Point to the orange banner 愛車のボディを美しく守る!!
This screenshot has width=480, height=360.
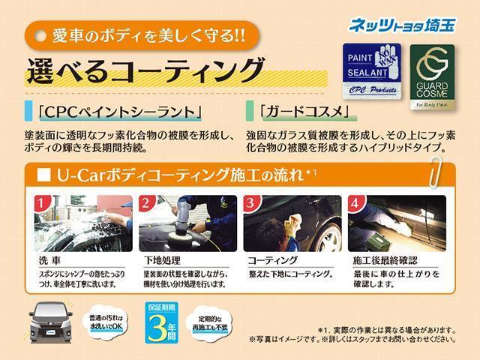click(139, 34)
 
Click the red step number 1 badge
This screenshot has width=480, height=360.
click(43, 203)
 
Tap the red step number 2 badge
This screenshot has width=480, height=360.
click(147, 203)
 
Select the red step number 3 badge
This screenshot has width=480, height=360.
click(252, 203)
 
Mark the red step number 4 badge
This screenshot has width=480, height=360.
click(356, 203)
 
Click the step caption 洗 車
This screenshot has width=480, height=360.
click(52, 259)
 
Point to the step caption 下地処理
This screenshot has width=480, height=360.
click(161, 259)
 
